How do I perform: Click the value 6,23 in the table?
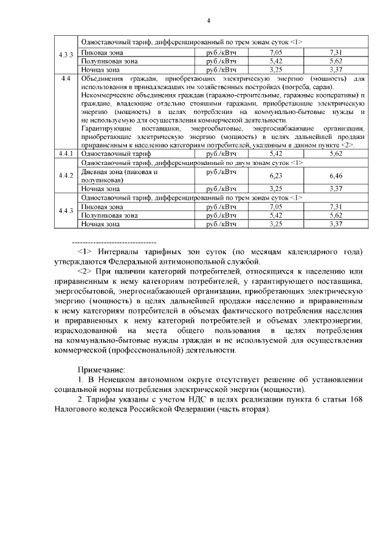pyautogui.click(x=275, y=176)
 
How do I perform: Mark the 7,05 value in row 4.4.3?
pyautogui.click(x=275, y=207)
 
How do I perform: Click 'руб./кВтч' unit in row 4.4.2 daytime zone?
pyautogui.click(x=221, y=172)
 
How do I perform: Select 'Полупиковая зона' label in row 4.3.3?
pyautogui.click(x=109, y=61)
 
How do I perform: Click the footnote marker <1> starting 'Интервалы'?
pyautogui.click(x=84, y=252)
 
